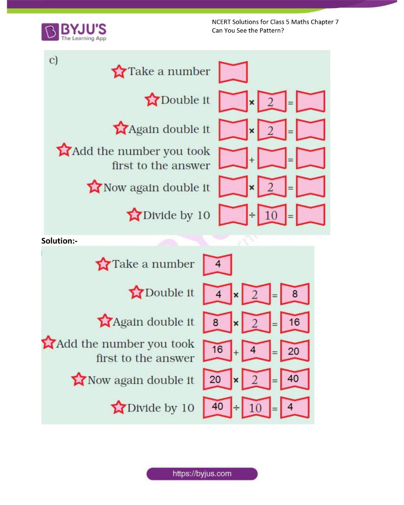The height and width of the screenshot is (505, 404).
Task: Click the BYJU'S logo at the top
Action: point(74,31)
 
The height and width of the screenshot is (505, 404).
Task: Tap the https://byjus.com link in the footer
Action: point(202,474)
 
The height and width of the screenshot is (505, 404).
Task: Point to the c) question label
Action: point(54,60)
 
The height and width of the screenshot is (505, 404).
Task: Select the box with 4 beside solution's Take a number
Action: point(217,265)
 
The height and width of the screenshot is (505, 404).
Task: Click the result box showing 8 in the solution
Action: point(294,293)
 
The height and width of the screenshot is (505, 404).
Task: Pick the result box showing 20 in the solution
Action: point(294,351)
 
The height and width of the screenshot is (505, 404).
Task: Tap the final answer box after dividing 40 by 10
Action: point(294,408)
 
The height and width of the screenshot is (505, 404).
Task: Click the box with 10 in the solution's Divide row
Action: point(256,408)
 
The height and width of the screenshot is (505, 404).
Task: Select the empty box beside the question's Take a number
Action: point(233,72)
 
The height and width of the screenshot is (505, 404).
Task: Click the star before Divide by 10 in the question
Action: point(134,216)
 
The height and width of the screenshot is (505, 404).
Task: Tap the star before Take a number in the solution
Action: point(103,264)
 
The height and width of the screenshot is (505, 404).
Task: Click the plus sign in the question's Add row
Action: point(251,159)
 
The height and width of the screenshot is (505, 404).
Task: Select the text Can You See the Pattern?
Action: point(247,31)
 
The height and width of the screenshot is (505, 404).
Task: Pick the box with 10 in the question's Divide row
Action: point(272,216)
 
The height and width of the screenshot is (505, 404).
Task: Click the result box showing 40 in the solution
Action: point(294,379)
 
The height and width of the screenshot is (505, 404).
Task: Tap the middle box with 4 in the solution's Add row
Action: point(256,351)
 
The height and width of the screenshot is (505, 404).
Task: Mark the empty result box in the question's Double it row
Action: point(311,102)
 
